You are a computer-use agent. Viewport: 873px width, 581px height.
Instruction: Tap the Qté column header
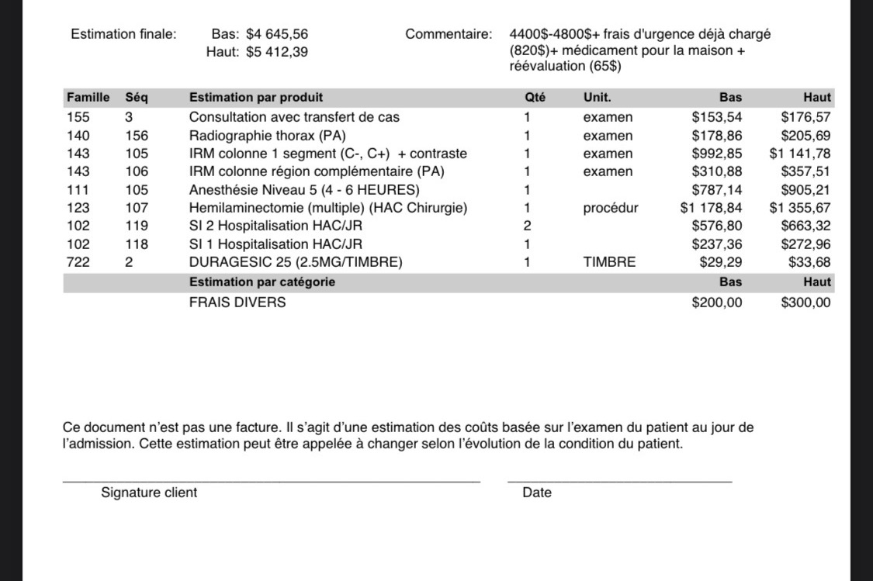535,98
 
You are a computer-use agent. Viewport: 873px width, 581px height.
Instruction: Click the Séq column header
137,98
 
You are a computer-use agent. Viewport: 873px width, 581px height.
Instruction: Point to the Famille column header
88,98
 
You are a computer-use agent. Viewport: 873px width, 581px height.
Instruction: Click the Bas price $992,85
716,154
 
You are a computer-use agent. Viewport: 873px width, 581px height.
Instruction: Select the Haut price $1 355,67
799,208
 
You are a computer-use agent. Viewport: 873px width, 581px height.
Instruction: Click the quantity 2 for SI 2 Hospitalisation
528,226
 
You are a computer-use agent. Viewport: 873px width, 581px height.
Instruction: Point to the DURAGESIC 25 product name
296,262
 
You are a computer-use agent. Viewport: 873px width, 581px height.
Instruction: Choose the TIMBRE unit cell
609,262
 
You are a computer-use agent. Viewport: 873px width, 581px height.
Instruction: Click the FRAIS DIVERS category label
237,303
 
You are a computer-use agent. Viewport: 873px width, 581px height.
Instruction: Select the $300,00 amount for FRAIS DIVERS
805,303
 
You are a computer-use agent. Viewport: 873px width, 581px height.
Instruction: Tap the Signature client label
149,493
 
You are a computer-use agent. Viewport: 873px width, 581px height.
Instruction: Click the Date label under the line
537,493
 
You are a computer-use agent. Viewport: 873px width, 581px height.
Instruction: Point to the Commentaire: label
449,34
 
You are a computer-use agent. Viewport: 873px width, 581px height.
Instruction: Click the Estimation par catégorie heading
262,282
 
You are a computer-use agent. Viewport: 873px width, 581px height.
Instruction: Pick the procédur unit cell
611,208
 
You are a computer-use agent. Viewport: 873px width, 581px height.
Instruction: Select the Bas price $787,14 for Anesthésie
716,190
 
